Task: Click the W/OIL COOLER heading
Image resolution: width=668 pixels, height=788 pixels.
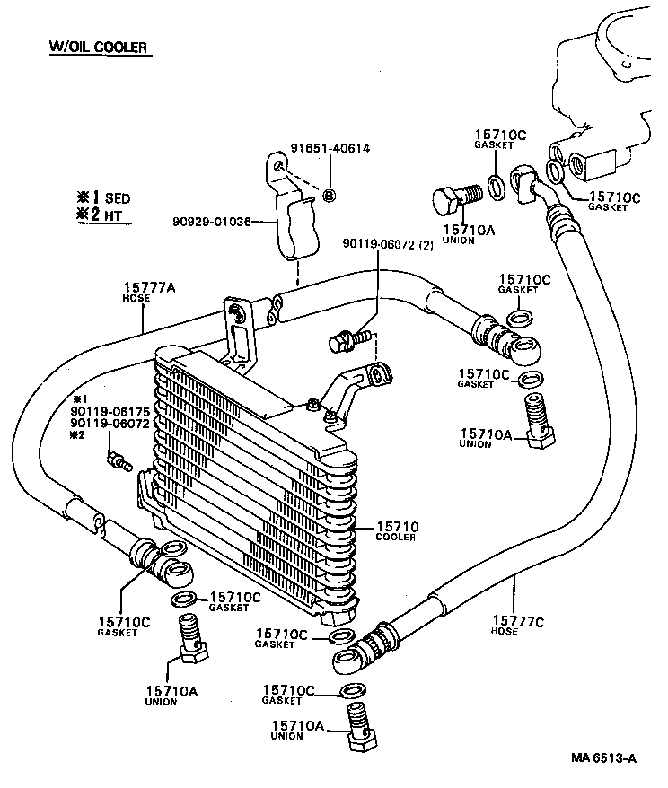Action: [x=98, y=46]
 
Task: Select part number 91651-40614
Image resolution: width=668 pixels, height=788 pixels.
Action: [x=330, y=149]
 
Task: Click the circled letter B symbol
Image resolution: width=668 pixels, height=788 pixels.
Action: [x=329, y=196]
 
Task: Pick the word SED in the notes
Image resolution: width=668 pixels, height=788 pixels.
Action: [x=118, y=197]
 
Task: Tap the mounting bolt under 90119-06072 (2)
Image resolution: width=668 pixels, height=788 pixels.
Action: [x=343, y=342]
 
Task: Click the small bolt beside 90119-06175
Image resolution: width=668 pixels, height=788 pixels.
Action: [x=117, y=462]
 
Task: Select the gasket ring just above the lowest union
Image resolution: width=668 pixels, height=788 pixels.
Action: [x=352, y=690]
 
